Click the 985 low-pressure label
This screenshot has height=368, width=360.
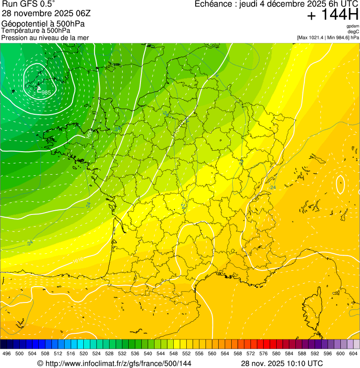(x=46, y=92)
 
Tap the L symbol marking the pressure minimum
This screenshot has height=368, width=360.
(x=39, y=88)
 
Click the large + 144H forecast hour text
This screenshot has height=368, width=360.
(x=332, y=16)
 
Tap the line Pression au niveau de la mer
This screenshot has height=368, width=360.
(x=45, y=37)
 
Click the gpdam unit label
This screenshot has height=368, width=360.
(x=353, y=26)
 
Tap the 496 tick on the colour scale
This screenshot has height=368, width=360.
(x=7, y=353)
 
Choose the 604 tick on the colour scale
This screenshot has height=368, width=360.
(x=353, y=353)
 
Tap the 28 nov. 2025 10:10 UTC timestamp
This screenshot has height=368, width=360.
(x=282, y=363)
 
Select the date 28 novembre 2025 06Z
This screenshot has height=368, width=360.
(x=46, y=13)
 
